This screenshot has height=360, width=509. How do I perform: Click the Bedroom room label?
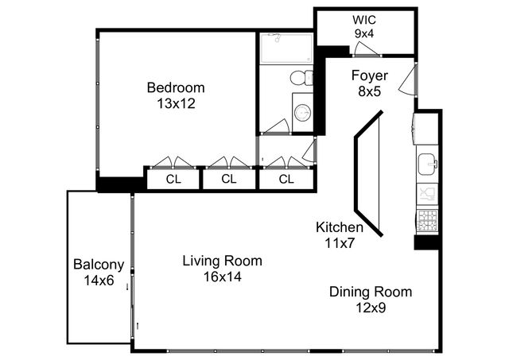(x=176, y=87)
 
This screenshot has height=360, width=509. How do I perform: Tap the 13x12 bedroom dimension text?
(x=176, y=103)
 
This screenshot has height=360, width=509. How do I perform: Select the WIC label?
(x=366, y=20)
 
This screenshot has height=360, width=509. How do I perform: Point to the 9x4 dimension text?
(x=366, y=34)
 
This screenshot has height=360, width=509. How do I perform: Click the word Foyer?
(x=370, y=76)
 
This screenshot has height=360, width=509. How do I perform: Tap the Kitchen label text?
(x=340, y=228)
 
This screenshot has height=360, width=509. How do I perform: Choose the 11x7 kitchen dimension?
(x=340, y=242)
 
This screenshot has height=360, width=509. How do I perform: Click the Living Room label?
(x=222, y=261)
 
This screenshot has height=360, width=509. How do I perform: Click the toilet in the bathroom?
(x=301, y=78)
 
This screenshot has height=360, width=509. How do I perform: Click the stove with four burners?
(x=426, y=219)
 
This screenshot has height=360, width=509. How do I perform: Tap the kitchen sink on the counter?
(x=427, y=164)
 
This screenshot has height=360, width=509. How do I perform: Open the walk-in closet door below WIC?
(x=366, y=51)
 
